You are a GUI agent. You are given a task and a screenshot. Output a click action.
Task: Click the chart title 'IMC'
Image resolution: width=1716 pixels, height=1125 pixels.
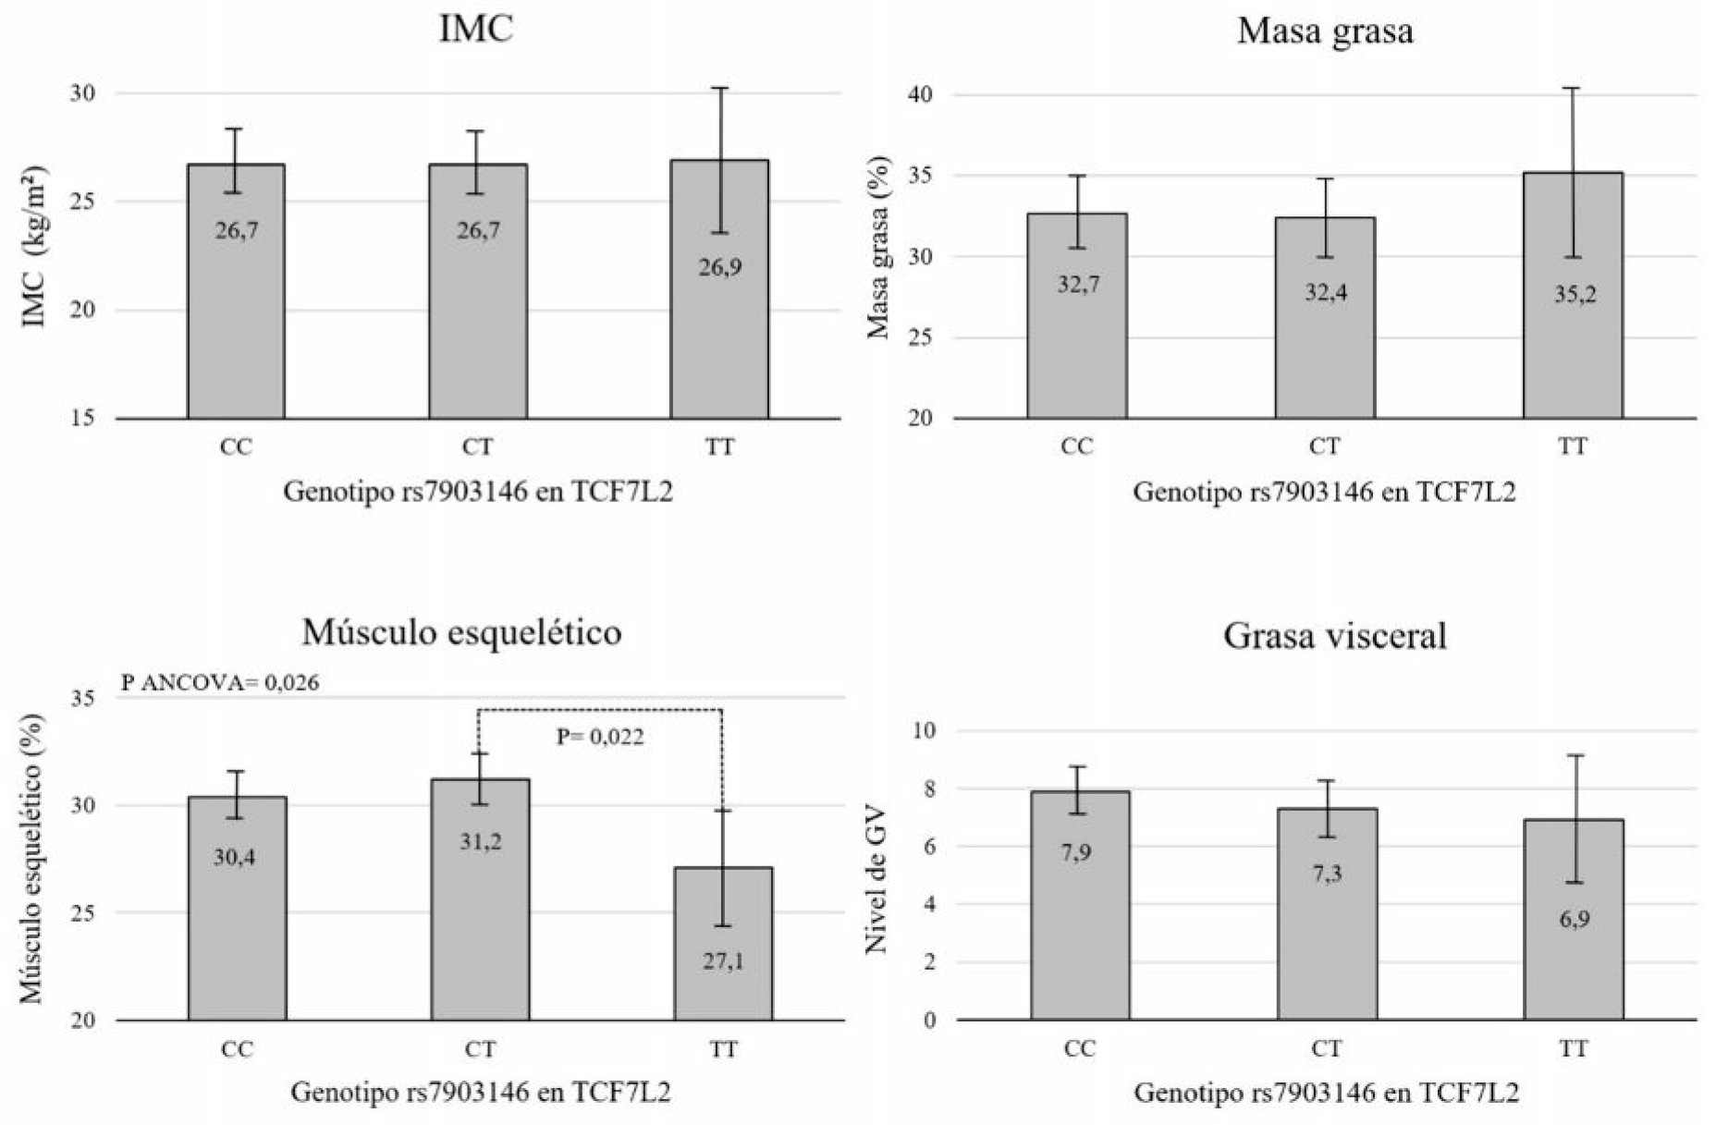[x=475, y=30]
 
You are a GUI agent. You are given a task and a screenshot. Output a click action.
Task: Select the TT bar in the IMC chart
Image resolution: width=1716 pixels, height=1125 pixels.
[x=719, y=333]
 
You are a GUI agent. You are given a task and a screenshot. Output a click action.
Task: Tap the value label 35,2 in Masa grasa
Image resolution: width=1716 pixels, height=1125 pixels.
[x=1575, y=295]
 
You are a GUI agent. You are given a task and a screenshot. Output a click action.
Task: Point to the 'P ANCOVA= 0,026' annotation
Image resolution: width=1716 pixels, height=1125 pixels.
[x=220, y=683]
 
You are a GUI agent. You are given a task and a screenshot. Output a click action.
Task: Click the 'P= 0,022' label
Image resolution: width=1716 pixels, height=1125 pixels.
[x=600, y=737]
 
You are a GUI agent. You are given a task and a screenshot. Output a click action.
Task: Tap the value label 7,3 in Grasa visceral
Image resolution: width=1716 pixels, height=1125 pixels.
[x=1327, y=874]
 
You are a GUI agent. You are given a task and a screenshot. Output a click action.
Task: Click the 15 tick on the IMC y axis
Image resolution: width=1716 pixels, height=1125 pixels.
[x=82, y=418]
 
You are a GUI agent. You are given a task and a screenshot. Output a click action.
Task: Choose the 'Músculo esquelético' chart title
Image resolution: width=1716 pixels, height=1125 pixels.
[x=461, y=632]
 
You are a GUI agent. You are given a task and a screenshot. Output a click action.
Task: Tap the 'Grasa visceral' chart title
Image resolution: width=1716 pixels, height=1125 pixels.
[x=1334, y=636]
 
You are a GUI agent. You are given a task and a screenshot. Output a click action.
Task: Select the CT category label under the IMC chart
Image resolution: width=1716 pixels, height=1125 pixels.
[x=477, y=447]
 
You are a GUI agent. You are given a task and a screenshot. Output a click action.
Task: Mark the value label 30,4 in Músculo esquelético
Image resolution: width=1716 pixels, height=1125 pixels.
[x=235, y=858]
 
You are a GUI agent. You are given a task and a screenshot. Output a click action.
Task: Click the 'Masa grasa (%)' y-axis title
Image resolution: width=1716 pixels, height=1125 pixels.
[x=878, y=248]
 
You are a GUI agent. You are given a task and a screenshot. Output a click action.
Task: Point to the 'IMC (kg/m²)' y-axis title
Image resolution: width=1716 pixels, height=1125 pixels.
[x=34, y=248]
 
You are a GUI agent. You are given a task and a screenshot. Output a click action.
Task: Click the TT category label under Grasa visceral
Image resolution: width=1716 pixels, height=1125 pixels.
[x=1574, y=1049]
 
